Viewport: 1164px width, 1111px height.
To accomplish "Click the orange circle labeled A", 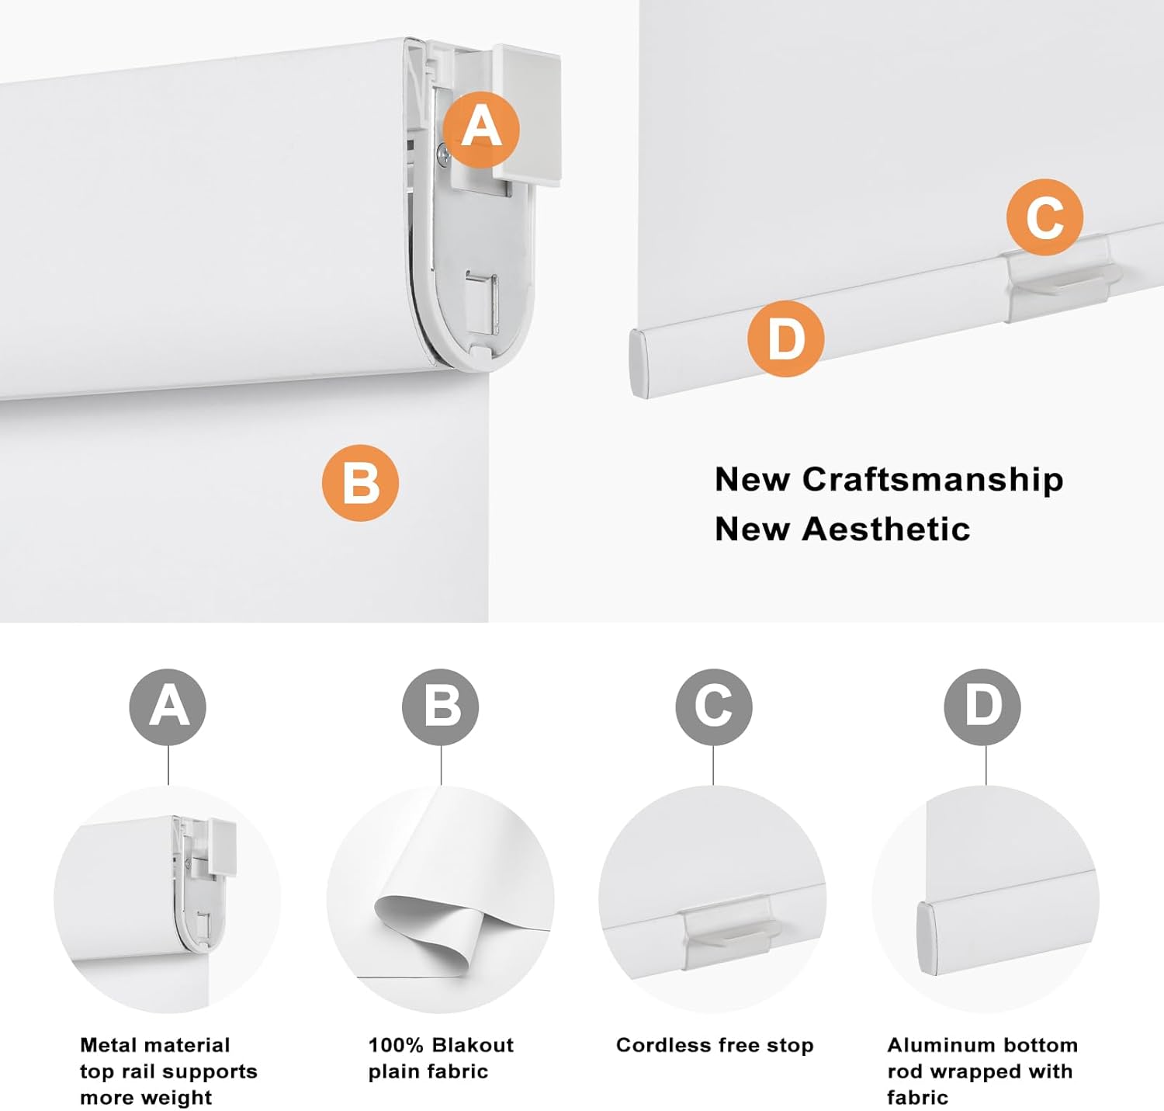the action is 481,129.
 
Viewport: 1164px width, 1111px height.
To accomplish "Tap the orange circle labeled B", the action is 361,483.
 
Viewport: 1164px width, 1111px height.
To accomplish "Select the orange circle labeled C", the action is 1045,217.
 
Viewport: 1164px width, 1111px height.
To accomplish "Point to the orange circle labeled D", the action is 785,339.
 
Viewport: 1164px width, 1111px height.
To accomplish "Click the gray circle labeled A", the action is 168,707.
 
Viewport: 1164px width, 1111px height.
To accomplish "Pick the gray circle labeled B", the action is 441,707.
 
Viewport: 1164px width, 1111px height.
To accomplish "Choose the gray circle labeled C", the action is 713,707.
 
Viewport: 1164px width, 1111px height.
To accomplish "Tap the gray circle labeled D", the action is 982,707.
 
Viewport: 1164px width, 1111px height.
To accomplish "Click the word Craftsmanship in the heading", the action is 933,480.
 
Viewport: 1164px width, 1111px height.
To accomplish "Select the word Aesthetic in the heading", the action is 885,529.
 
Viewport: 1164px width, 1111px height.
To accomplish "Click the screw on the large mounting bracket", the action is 442,154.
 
